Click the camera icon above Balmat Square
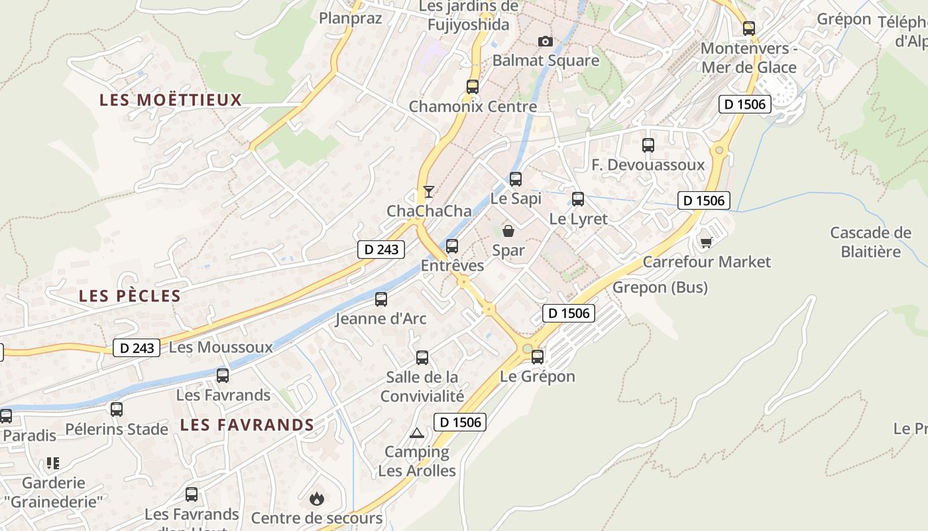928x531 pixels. (x=546, y=42)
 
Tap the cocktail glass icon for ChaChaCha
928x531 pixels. (x=429, y=192)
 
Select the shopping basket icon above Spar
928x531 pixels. (x=508, y=231)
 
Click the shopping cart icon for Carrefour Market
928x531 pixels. (x=706, y=242)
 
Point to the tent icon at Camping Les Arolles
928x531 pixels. (x=416, y=433)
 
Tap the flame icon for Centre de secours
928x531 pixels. (x=317, y=498)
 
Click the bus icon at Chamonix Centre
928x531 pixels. (x=472, y=86)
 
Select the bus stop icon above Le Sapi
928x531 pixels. (x=516, y=179)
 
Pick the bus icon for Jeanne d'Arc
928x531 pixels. (x=381, y=299)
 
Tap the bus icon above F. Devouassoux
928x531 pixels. (x=648, y=145)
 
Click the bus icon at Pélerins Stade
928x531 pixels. (x=117, y=410)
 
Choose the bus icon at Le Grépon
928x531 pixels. (x=538, y=357)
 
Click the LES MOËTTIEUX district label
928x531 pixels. (x=170, y=100)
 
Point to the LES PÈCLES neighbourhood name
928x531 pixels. (x=130, y=296)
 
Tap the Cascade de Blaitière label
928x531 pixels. (x=870, y=242)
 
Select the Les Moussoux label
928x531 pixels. (x=221, y=347)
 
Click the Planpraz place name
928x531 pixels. (x=351, y=18)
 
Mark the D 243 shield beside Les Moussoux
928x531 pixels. (x=137, y=348)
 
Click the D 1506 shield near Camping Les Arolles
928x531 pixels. (x=460, y=421)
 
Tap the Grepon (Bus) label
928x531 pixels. (x=660, y=287)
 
